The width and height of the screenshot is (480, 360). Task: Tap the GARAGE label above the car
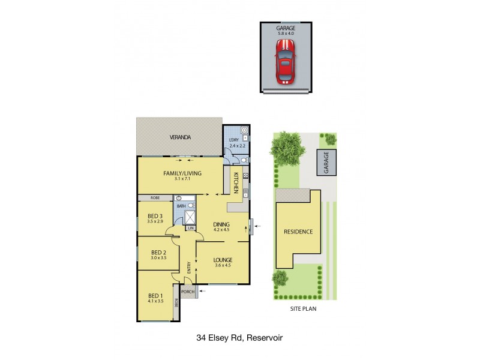pyautogui.click(x=286, y=28)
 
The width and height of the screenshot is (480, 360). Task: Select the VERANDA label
pyautogui.click(x=179, y=137)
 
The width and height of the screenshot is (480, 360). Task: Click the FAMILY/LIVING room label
pyautogui.click(x=182, y=173)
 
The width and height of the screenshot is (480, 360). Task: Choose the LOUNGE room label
pyautogui.click(x=222, y=260)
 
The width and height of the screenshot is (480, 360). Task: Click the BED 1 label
pyautogui.click(x=155, y=295)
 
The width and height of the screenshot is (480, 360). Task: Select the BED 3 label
pyautogui.click(x=155, y=217)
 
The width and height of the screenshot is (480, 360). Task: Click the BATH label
pyautogui.click(x=181, y=206)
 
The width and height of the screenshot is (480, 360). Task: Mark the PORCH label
pyautogui.click(x=188, y=293)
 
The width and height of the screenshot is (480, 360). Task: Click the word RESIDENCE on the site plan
pyautogui.click(x=298, y=232)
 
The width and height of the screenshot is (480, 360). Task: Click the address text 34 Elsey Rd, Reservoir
pyautogui.click(x=240, y=337)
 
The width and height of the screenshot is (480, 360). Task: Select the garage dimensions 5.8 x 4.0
pyautogui.click(x=286, y=34)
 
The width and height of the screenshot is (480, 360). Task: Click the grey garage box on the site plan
pyautogui.click(x=327, y=161)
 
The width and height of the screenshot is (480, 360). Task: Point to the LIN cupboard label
pyautogui.click(x=191, y=228)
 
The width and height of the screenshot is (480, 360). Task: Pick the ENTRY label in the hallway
pyautogui.click(x=189, y=268)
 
